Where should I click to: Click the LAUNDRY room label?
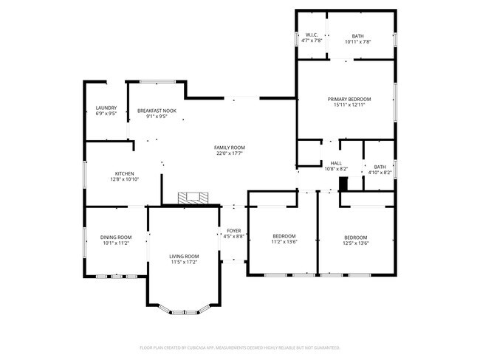[x=106, y=108]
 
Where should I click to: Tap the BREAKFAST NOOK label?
[x=157, y=111]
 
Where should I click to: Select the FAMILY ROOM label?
[x=230, y=148]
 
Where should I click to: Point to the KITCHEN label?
[x=124, y=173]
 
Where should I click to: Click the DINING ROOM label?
[x=116, y=237]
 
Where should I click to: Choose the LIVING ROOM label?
[x=185, y=256]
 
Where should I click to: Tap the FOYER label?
[x=233, y=230]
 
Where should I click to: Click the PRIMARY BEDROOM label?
[x=349, y=99]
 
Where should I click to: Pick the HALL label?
[x=335, y=163]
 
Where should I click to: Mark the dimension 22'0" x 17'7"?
[x=230, y=153]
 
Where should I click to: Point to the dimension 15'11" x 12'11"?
[x=349, y=105]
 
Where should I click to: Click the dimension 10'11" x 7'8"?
[x=357, y=41]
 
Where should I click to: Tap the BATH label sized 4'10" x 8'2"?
[x=379, y=167]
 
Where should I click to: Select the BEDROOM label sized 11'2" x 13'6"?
[x=284, y=235]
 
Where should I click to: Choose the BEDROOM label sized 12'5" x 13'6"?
[x=356, y=237]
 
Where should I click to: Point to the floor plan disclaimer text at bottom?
[x=240, y=347]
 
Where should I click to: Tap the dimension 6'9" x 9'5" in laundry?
[x=106, y=114]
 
